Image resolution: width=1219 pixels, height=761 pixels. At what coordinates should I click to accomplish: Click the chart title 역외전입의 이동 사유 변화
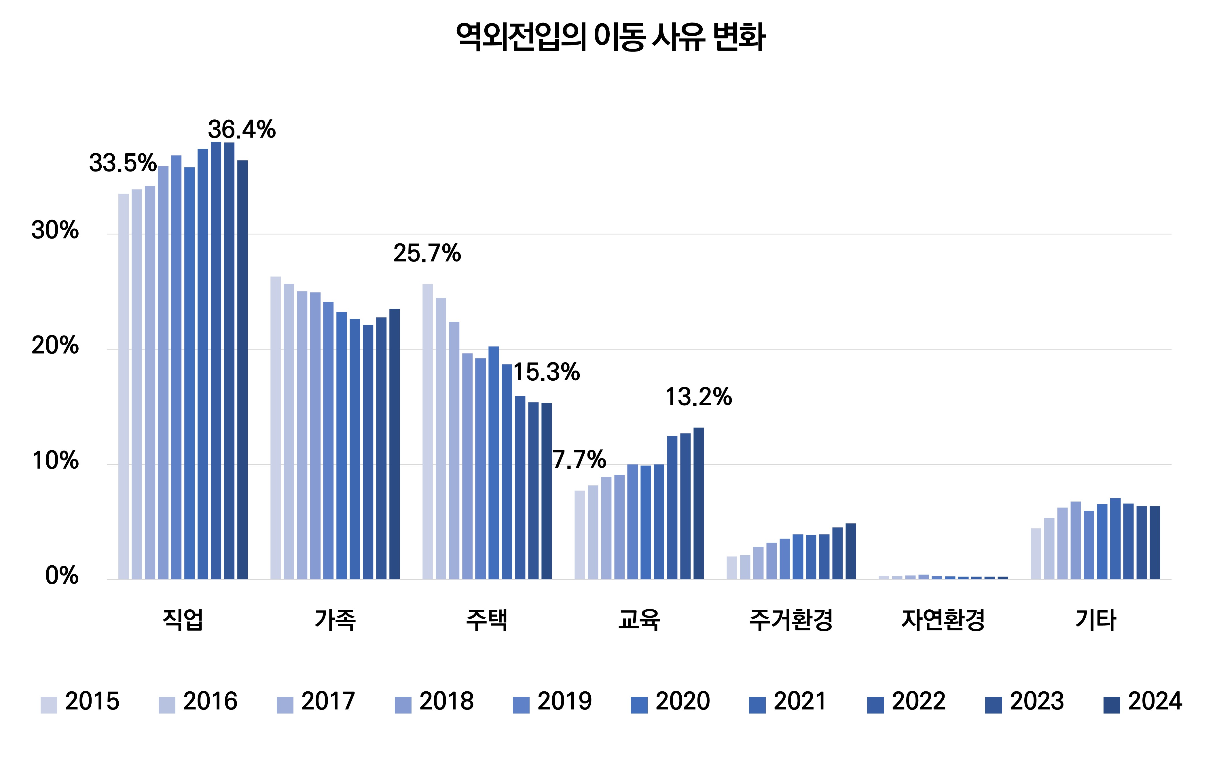611,37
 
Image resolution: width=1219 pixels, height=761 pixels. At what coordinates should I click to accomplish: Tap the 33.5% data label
123,163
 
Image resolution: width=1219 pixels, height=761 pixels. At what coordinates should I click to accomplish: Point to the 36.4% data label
242,130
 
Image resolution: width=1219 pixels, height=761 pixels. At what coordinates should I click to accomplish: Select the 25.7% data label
427,253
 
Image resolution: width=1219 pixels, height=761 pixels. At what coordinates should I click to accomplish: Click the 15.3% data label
547,373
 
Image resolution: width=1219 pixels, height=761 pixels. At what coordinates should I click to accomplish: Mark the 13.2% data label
699,397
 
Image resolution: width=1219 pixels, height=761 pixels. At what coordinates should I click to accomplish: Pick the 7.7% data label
579,459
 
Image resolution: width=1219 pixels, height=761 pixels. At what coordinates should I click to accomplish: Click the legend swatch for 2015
49,705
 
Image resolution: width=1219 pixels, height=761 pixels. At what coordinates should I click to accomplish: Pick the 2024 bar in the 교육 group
699,503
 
